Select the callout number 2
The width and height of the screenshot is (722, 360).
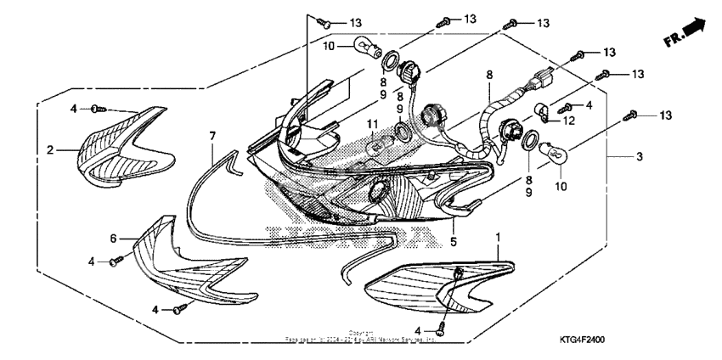(50, 150)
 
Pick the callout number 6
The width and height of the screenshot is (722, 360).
(112, 239)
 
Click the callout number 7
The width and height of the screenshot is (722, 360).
(213, 136)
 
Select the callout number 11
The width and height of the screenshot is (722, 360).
(370, 126)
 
